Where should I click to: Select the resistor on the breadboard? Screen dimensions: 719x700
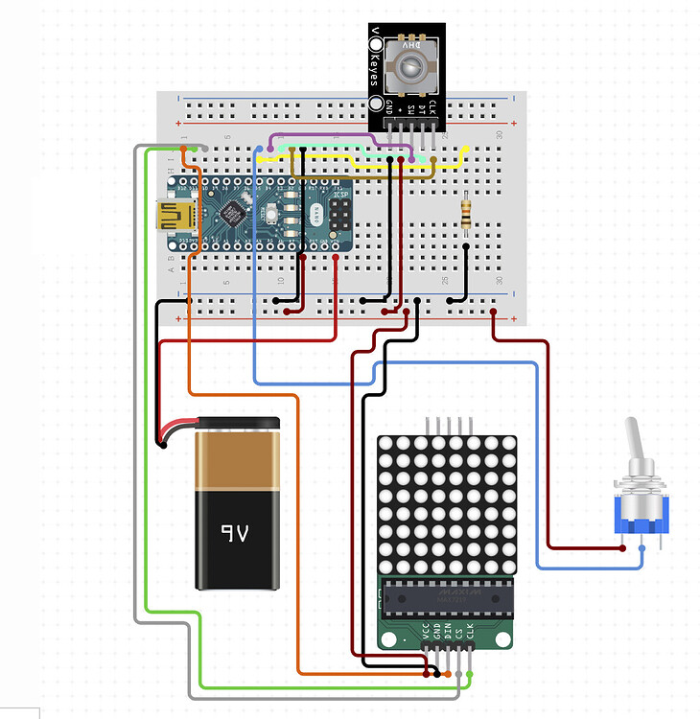pos(466,214)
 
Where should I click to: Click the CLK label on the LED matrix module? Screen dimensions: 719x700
pos(470,632)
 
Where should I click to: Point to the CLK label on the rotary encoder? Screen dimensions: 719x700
pos(432,108)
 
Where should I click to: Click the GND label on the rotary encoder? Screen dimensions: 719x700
pos(388,108)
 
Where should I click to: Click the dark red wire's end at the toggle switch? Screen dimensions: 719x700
pos(624,548)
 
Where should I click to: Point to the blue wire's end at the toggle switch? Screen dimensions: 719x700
pos(642,548)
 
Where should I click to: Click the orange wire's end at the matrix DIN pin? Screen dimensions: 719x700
pos(447,675)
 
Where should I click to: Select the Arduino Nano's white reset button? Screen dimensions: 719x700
pos(274,211)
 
